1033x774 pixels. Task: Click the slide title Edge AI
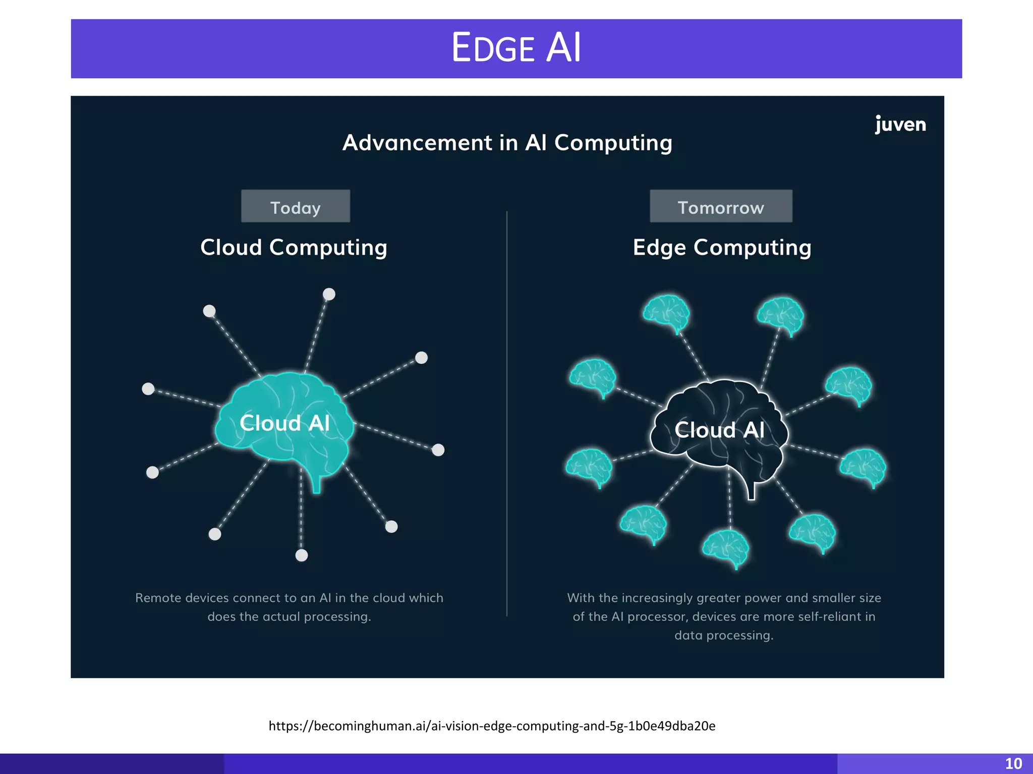(516, 48)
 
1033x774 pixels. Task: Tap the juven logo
(900, 124)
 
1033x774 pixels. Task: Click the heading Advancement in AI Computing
(507, 143)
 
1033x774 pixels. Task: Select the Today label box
(296, 207)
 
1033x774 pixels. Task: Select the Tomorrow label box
(721, 207)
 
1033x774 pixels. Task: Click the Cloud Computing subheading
(294, 247)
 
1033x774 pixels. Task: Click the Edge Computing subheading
(722, 247)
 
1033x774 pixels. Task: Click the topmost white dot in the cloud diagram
(329, 294)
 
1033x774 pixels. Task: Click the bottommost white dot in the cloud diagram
(302, 555)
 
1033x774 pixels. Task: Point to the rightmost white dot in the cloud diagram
(438, 450)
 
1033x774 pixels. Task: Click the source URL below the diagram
(492, 726)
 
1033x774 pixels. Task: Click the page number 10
(1013, 764)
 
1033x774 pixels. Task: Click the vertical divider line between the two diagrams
(507, 413)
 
